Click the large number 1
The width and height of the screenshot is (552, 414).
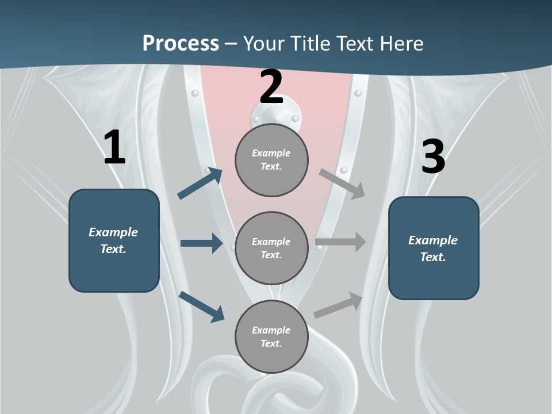click(x=115, y=147)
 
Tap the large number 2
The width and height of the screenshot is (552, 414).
click(x=271, y=87)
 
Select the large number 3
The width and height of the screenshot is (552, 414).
click(x=434, y=156)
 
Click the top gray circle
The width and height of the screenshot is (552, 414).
click(x=271, y=160)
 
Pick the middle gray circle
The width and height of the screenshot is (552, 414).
click(x=271, y=248)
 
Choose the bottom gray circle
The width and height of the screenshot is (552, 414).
click(x=271, y=336)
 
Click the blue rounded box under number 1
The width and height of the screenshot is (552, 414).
click(x=114, y=241)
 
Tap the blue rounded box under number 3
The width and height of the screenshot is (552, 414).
click(x=434, y=248)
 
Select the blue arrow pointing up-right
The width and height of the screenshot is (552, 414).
click(x=200, y=183)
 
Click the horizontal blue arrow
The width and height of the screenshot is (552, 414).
click(x=201, y=243)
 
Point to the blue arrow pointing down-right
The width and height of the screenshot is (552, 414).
click(x=202, y=307)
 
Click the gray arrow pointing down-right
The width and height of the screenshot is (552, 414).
click(x=342, y=184)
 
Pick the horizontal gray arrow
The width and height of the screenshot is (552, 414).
click(x=340, y=242)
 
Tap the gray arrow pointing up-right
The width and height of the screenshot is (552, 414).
click(x=338, y=305)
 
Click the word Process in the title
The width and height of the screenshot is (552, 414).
click(x=181, y=43)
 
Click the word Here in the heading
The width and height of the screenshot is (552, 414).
click(x=401, y=43)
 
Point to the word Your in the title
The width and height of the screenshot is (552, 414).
click(x=264, y=43)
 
